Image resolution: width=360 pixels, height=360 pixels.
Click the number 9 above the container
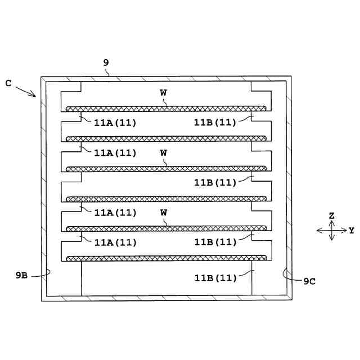click(106, 63)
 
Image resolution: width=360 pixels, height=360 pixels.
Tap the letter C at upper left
click(8, 83)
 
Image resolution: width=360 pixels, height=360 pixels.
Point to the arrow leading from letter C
click(25, 91)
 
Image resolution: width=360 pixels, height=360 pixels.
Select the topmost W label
click(163, 92)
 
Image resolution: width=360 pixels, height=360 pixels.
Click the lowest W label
click(163, 213)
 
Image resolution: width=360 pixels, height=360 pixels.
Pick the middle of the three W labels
click(163, 152)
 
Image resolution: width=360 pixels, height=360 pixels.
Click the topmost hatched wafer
click(166, 109)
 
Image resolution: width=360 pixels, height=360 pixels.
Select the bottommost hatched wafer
click(166, 258)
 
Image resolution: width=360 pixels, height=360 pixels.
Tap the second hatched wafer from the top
click(166, 138)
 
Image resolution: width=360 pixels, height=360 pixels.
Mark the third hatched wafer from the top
click(166, 168)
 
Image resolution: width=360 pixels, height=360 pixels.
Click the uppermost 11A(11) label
click(115, 122)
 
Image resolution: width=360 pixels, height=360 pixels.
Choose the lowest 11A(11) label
click(115, 242)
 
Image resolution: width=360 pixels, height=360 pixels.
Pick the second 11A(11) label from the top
click(115, 152)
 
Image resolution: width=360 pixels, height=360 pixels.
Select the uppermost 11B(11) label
click(215, 122)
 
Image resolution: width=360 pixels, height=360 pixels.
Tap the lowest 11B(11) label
click(215, 278)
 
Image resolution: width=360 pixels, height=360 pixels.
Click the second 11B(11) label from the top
click(215, 182)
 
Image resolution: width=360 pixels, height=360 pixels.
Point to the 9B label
click(22, 275)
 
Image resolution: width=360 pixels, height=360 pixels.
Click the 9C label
click(309, 281)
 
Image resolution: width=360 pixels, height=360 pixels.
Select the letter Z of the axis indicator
click(332, 215)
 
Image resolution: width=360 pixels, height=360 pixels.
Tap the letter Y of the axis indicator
click(351, 230)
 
